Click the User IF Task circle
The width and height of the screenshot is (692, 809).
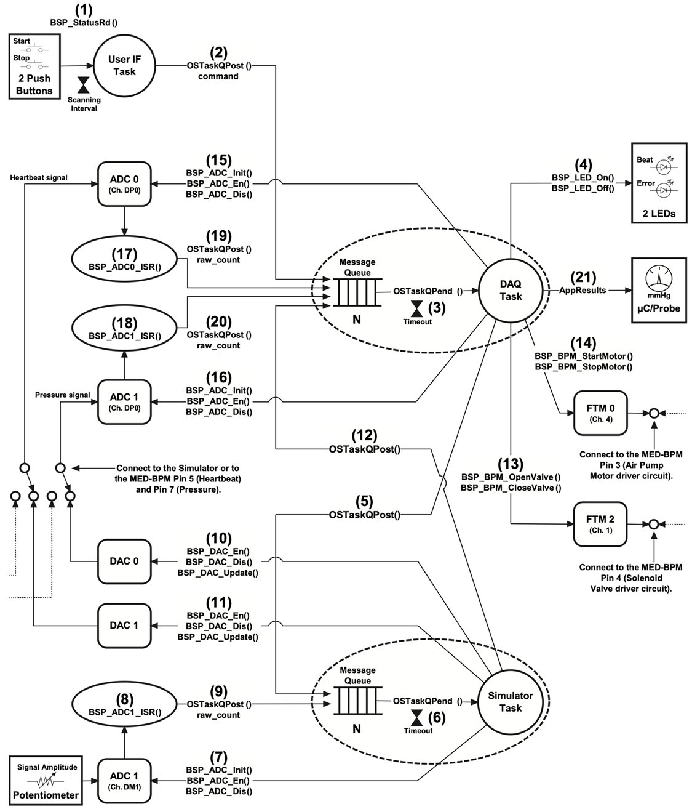click(124, 66)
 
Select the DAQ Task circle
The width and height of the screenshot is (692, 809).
click(510, 290)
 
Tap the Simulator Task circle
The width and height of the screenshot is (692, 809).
click(510, 701)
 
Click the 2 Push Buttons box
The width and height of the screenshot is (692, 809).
click(34, 66)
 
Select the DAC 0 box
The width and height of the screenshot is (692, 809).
click(124, 561)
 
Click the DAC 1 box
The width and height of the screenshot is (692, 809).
click(124, 625)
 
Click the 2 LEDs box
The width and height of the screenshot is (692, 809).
click(658, 183)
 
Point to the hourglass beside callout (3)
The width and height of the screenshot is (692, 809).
click(417, 309)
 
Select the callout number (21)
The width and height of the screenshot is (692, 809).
click(583, 277)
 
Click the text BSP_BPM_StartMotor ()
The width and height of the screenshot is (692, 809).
click(583, 356)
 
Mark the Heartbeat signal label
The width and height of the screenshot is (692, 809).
click(39, 177)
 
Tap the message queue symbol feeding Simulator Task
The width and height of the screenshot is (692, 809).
click(357, 701)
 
